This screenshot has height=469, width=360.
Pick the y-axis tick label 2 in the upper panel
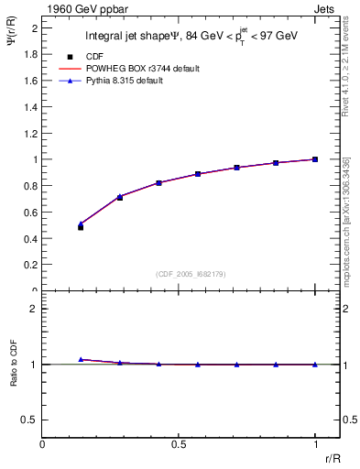[x=35, y=28]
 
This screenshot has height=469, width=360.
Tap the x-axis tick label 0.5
[x=179, y=444]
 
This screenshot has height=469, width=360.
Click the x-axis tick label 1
[x=315, y=444]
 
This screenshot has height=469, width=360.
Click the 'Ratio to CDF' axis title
[x=13, y=377]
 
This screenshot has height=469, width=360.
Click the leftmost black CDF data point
[x=81, y=226]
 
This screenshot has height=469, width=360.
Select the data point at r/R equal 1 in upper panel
[x=315, y=159]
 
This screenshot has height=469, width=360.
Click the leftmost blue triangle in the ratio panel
[x=81, y=359]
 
